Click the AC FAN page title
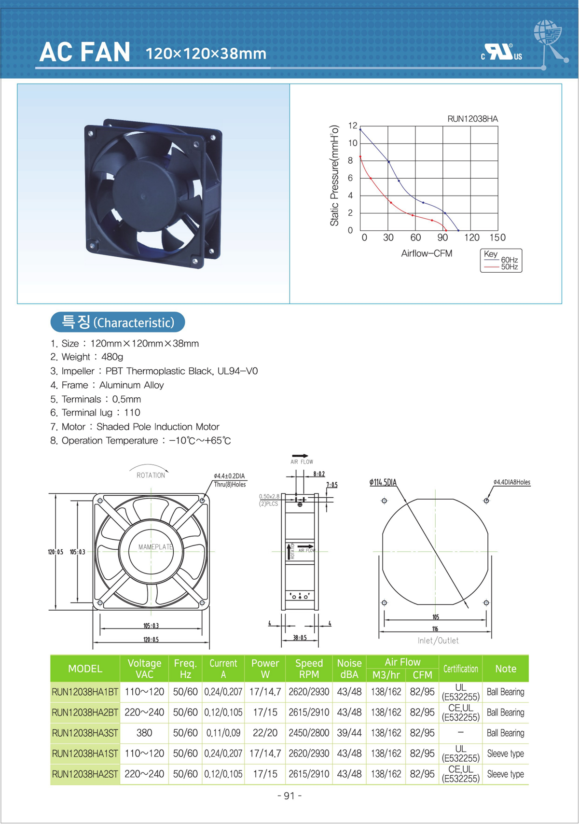[85, 52]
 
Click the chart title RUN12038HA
[472, 119]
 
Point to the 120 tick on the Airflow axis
[471, 237]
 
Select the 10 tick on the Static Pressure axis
[353, 143]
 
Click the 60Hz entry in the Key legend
[509, 260]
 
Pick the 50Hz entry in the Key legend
[509, 267]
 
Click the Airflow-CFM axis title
[427, 253]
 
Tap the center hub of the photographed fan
[143, 196]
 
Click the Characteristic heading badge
[118, 322]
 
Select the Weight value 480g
[112, 357]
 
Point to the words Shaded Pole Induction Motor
[158, 427]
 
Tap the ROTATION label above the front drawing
[151, 475]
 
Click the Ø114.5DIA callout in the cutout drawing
[383, 482]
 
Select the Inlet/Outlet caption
[438, 641]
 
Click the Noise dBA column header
[349, 669]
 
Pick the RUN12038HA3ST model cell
[85, 733]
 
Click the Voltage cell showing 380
[144, 733]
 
